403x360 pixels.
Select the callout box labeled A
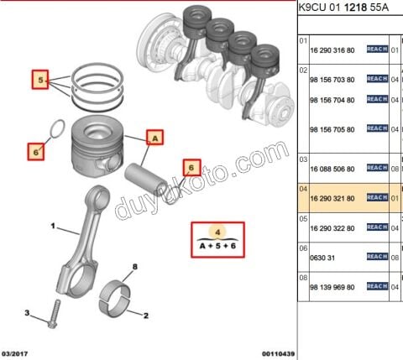coord(154,135)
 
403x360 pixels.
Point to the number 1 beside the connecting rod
coord(52,226)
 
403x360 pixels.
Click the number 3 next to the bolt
coord(27,313)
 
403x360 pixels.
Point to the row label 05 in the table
coord(304,217)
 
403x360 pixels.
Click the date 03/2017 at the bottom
coord(17,354)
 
